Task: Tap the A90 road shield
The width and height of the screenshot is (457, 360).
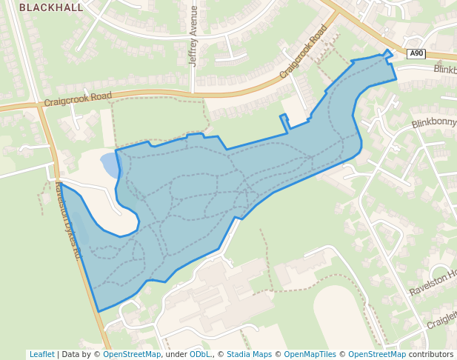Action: point(416,53)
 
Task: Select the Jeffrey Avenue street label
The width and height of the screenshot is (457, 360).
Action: point(194,36)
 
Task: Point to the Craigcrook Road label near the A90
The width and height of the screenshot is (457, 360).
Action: point(304,53)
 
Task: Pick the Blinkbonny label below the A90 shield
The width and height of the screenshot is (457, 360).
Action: point(434,124)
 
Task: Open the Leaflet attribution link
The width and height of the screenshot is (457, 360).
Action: point(42,354)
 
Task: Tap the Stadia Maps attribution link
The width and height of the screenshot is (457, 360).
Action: point(249,354)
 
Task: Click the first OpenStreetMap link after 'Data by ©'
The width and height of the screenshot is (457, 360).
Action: point(132,354)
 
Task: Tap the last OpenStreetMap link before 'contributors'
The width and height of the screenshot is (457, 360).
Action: point(377,354)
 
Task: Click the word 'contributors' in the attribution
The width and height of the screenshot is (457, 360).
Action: point(431,354)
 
